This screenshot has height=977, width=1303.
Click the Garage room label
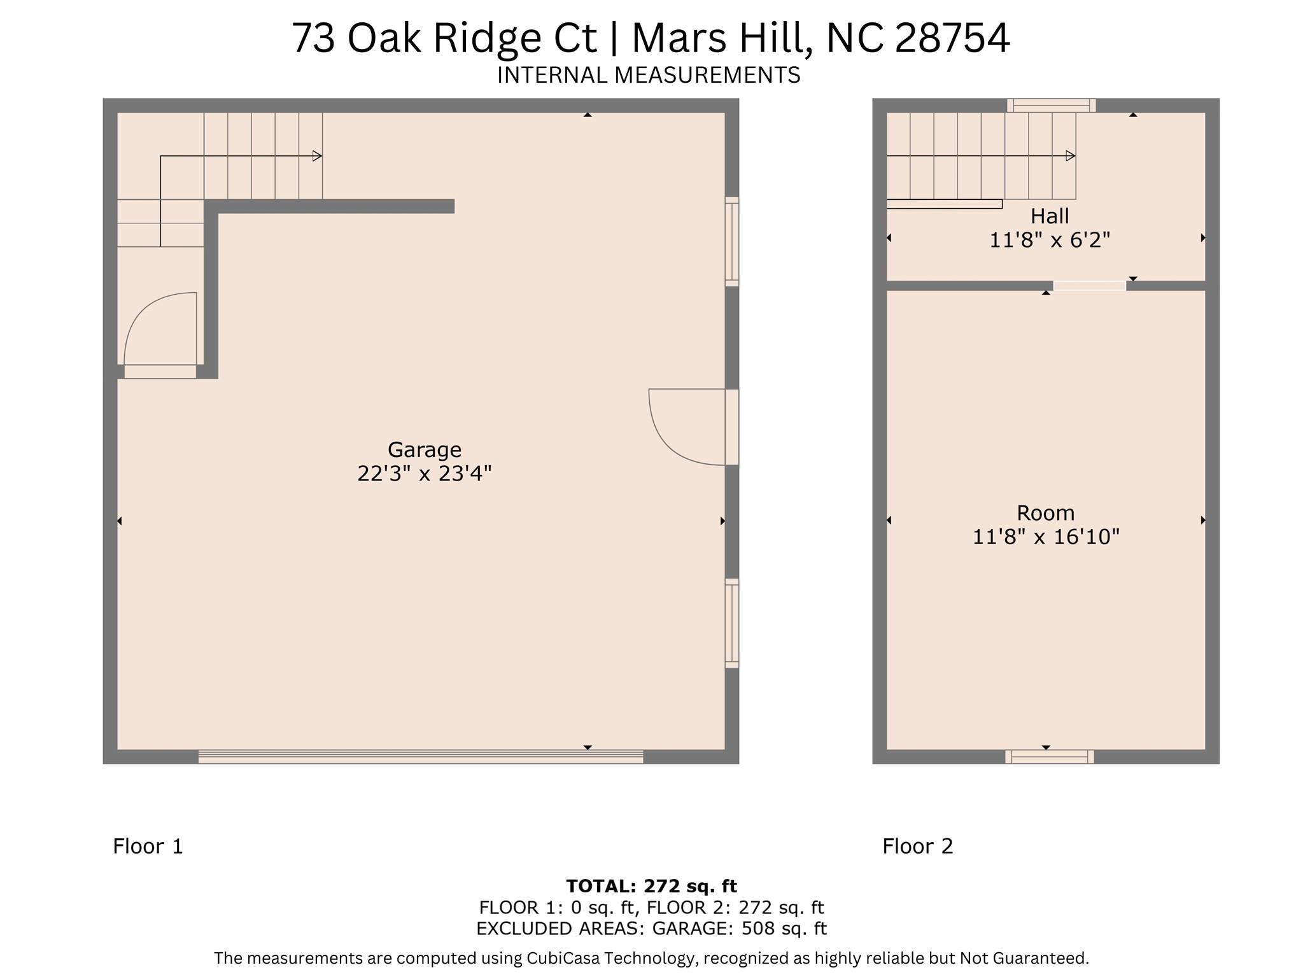click(424, 450)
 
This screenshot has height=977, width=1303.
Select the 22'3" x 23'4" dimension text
click(424, 474)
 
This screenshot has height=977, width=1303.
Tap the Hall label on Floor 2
click(1049, 216)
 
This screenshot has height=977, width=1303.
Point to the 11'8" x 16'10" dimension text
click(1045, 537)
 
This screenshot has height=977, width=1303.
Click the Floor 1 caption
click(148, 847)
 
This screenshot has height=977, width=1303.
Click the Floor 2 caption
click(917, 847)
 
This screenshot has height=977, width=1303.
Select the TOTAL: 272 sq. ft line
click(651, 886)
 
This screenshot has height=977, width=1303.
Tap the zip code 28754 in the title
click(952, 38)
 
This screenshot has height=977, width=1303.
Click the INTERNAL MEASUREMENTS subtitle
click(648, 75)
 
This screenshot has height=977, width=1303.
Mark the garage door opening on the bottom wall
click(420, 756)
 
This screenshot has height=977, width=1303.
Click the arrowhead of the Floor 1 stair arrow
click(317, 156)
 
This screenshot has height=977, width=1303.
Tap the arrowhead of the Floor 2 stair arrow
click(1071, 156)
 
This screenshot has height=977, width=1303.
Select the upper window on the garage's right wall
click(732, 242)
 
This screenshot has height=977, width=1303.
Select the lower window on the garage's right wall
click(732, 623)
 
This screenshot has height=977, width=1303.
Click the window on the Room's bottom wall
click(1049, 756)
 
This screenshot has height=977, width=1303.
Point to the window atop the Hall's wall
click(1051, 106)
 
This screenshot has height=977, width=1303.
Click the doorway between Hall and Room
click(1089, 286)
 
